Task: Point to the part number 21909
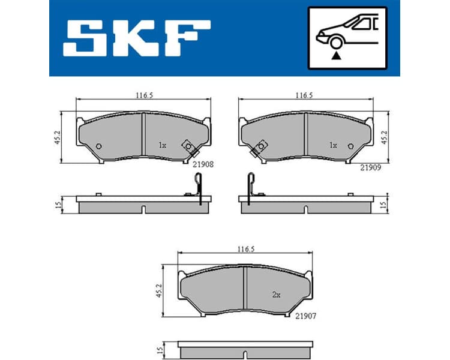(x=371, y=168)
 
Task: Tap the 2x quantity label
(x=277, y=295)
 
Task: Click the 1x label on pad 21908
(x=162, y=145)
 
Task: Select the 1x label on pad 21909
(x=334, y=145)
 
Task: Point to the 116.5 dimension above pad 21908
(x=143, y=94)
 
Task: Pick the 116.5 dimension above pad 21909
(x=305, y=94)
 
